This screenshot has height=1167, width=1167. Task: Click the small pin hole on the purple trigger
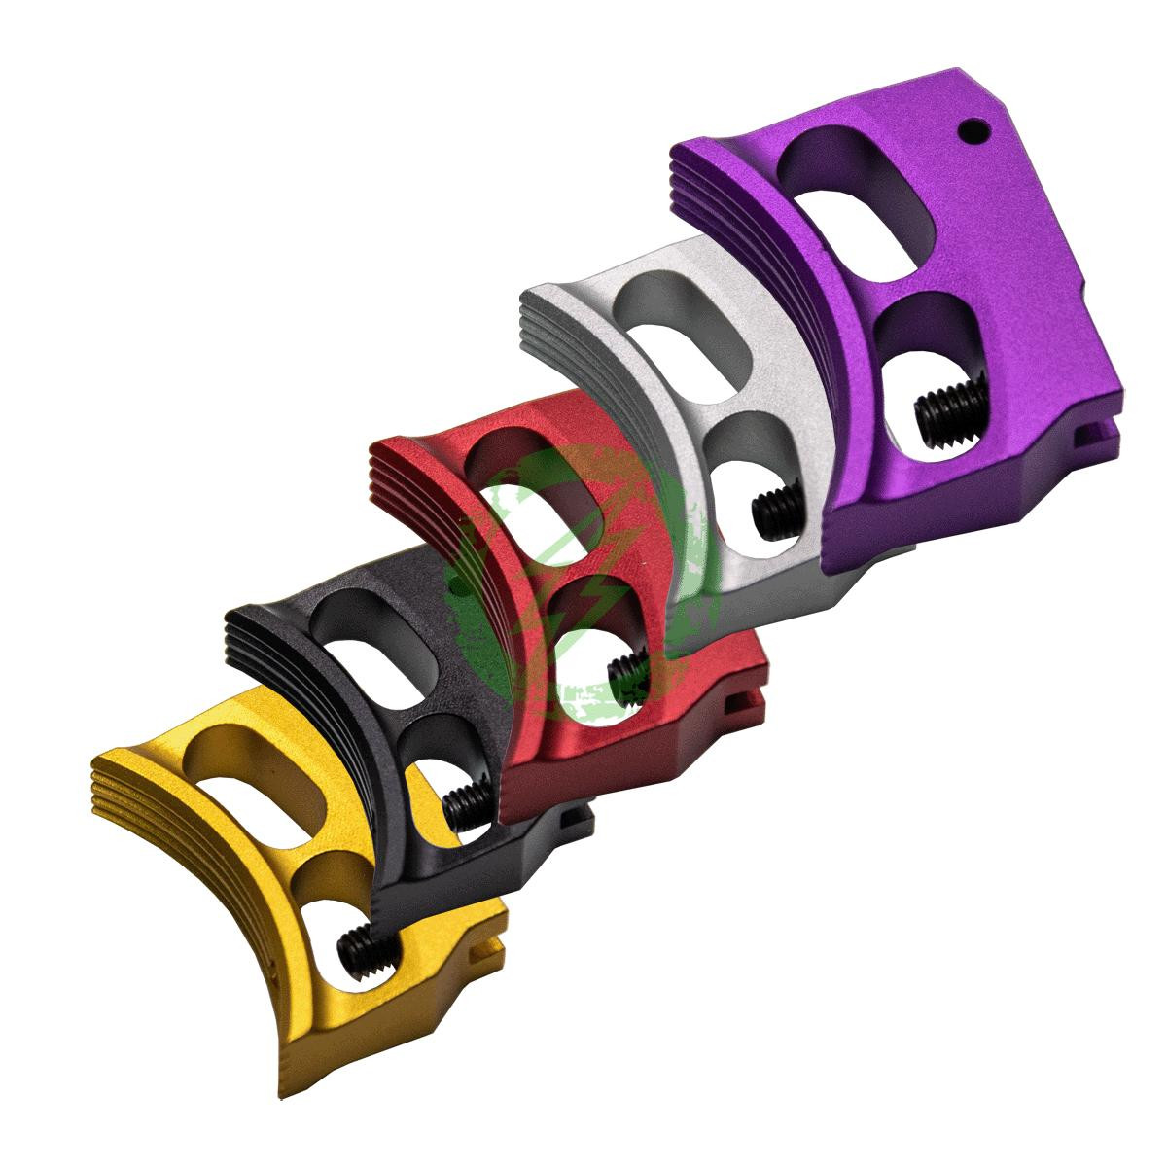click(969, 127)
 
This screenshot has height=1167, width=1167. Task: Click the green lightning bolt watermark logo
click(574, 583)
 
